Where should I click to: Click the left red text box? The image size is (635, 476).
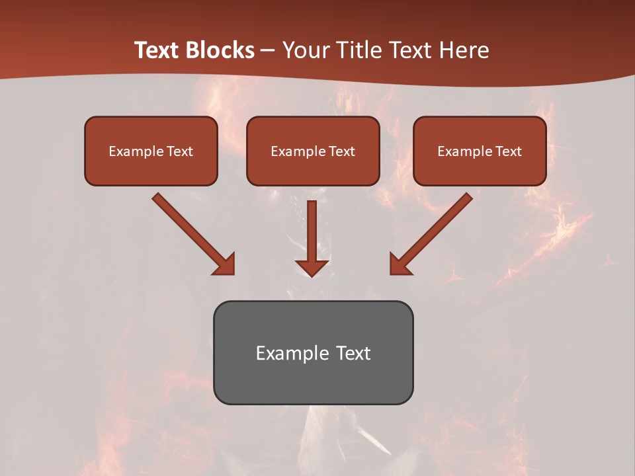[151, 151]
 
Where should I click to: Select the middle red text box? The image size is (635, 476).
[313, 151]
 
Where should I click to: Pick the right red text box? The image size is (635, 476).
[480, 151]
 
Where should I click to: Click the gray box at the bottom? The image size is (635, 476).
[313, 352]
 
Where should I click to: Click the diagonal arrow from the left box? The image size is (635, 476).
[189, 229]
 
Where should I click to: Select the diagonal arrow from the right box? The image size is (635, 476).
[435, 229]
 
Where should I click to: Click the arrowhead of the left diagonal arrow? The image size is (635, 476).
[225, 264]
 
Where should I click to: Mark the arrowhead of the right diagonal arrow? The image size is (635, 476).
[400, 264]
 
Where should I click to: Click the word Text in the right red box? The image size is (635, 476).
[508, 151]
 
